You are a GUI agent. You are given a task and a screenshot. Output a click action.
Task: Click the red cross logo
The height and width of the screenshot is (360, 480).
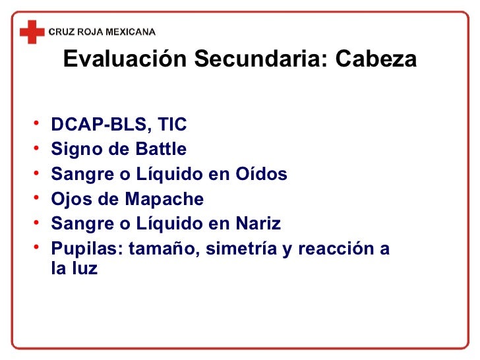[32, 31]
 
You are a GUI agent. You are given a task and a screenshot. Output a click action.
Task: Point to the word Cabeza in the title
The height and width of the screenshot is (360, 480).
[376, 60]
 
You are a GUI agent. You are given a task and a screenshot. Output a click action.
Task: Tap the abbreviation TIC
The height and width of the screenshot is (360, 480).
[173, 124]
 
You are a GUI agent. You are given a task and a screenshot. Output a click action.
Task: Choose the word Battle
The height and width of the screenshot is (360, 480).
[161, 149]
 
